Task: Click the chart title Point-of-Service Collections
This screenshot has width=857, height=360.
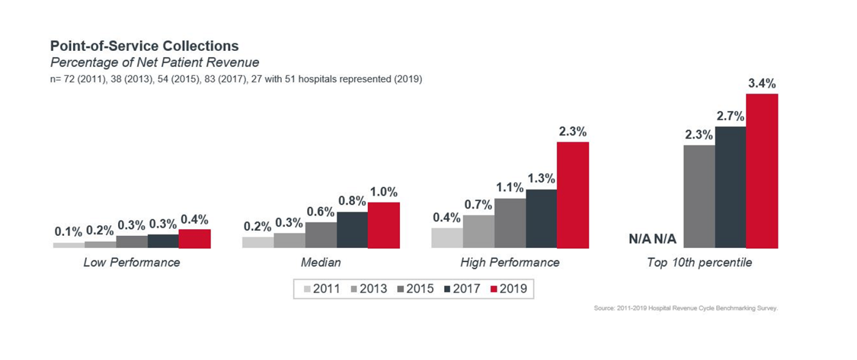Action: tap(144, 47)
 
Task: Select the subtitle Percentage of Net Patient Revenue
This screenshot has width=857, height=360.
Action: tap(154, 62)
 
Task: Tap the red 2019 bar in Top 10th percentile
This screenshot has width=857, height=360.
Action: tap(762, 171)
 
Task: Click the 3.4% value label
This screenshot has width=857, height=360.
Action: tap(762, 84)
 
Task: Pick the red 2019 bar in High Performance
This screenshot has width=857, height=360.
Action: tap(572, 195)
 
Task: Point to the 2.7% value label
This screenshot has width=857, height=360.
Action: tap(730, 116)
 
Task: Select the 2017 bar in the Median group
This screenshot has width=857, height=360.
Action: tap(352, 230)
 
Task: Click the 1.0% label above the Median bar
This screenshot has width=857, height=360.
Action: tap(383, 192)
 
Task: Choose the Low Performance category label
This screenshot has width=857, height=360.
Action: tap(132, 263)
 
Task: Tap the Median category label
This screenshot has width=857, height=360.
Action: tap(321, 263)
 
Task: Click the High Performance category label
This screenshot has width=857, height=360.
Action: tap(510, 263)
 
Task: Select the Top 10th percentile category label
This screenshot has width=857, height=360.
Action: tap(700, 263)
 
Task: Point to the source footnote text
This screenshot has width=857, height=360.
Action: tap(686, 308)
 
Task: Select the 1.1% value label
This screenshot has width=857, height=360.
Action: tap(509, 189)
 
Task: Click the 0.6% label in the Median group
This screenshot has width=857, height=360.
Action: tap(321, 212)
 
